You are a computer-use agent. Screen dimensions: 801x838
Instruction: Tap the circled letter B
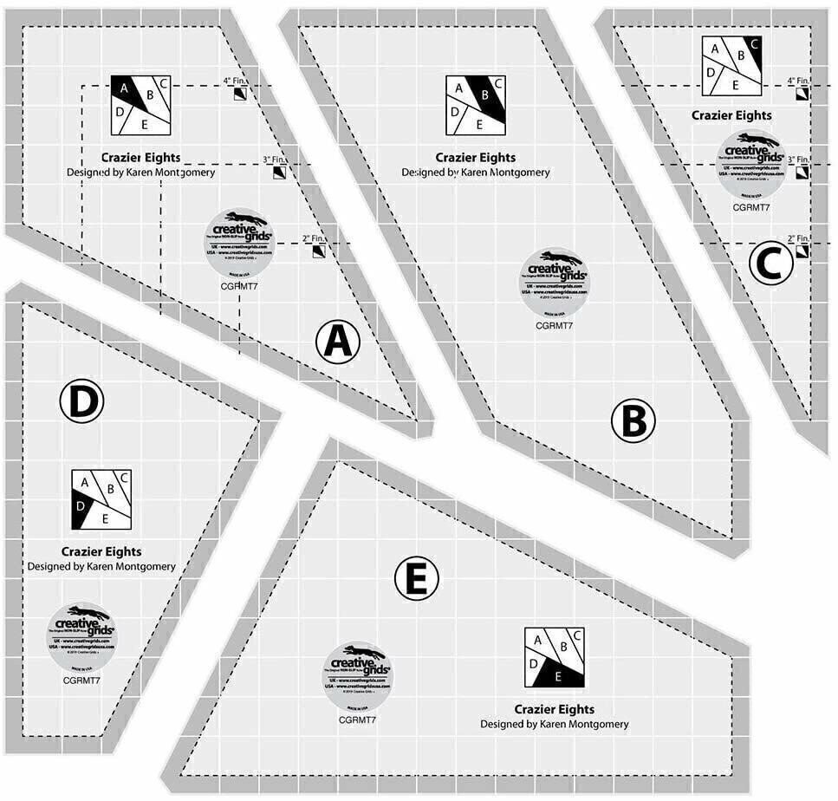[x=633, y=421]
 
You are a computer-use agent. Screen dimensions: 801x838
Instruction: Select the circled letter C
[x=770, y=263]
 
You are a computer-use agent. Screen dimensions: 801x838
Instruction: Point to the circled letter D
[x=81, y=401]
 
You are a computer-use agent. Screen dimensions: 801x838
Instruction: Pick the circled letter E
[x=417, y=580]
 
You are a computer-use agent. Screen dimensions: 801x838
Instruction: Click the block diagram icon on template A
[x=140, y=105]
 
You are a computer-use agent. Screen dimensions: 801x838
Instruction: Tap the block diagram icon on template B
[x=476, y=105]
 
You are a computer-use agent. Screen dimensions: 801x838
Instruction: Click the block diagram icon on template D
[x=101, y=500]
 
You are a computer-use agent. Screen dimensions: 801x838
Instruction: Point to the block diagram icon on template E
[x=555, y=658]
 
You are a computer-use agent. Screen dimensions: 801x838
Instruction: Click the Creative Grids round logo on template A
[x=238, y=237]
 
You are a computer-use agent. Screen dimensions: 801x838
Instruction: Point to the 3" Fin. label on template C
[x=796, y=160]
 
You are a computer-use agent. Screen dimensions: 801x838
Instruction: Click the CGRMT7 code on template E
[x=356, y=719]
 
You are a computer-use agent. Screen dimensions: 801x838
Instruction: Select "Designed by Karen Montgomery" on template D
[x=101, y=566]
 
